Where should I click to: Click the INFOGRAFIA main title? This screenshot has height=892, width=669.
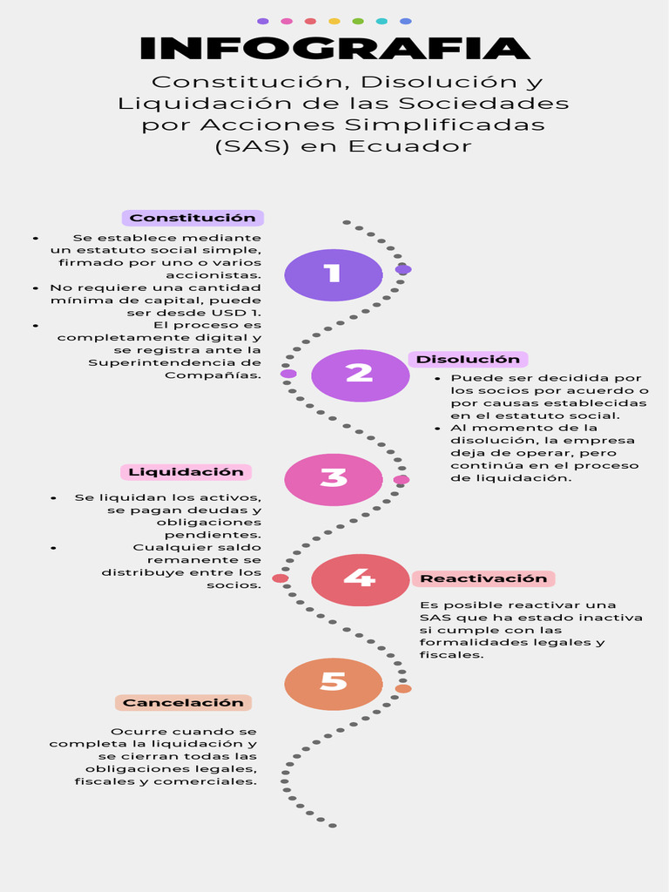point(334,48)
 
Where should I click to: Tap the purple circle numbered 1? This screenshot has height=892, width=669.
point(334,274)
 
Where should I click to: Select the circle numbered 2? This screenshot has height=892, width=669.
point(360,375)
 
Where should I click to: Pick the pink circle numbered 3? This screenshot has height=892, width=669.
point(334,479)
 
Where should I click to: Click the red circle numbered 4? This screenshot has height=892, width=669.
point(360,579)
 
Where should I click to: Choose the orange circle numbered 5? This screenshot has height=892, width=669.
point(334,684)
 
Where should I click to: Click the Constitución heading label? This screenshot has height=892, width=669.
point(193,218)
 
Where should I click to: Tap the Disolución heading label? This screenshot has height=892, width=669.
point(468,359)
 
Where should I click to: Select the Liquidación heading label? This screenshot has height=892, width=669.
point(186,472)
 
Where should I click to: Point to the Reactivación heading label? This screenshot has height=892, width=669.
point(483,578)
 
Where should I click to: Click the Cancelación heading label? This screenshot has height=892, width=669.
point(183,702)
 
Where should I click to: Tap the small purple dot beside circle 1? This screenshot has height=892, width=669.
point(402,270)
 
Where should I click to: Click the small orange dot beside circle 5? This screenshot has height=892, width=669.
point(402,688)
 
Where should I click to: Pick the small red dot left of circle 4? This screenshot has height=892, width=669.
point(280,578)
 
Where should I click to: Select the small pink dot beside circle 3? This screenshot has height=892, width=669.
point(401,480)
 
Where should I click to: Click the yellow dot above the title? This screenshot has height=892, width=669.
point(334,21)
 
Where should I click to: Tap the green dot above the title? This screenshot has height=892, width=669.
point(358,21)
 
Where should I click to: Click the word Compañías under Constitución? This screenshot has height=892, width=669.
point(213,375)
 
